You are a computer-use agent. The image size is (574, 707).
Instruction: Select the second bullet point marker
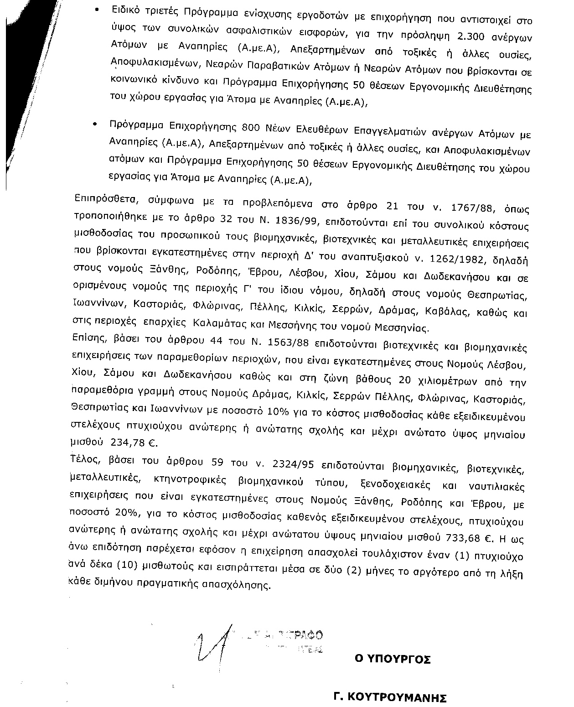(94, 124)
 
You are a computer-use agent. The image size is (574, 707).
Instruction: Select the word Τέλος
(83, 458)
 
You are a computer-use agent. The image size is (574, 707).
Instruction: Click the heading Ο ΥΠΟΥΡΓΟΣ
(393, 659)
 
